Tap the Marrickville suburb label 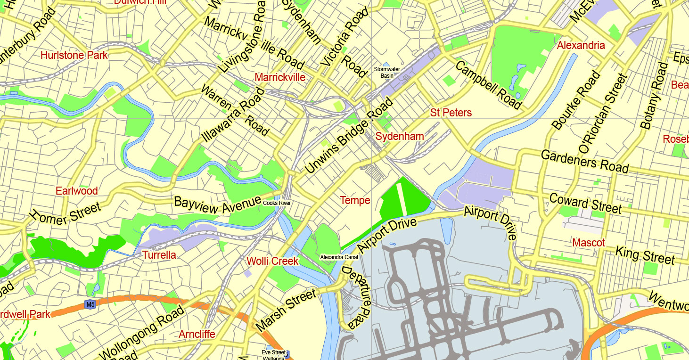tap(280, 77)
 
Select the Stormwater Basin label tap(386, 72)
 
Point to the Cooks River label tap(277, 203)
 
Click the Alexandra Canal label tap(339, 257)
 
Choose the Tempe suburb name tap(355, 200)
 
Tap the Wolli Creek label tap(272, 261)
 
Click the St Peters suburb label tap(451, 113)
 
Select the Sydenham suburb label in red tap(400, 136)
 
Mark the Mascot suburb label tap(589, 243)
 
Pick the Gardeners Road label tap(584, 161)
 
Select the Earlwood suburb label tap(77, 191)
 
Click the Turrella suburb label tap(159, 255)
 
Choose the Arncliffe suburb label tap(197, 334)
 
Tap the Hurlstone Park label tap(74, 55)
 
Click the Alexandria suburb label tap(581, 45)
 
